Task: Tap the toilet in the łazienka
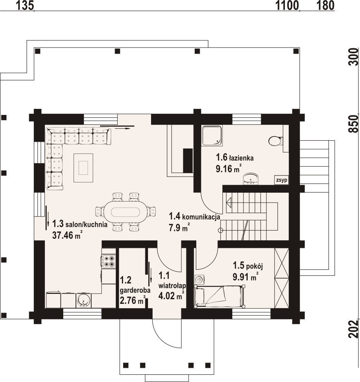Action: (276, 141)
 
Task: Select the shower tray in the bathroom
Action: (212, 136)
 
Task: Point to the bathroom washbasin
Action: (251, 179)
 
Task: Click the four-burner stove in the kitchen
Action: (108, 261)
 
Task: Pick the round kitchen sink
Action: (83, 300)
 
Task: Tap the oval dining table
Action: (125, 211)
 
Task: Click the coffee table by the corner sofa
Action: (83, 168)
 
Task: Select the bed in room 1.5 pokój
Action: (219, 296)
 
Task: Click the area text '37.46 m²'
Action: (67, 235)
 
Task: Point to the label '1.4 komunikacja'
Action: (194, 216)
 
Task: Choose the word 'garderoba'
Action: (135, 290)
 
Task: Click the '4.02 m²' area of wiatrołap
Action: (171, 295)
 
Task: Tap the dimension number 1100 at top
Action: (287, 5)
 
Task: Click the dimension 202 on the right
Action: (353, 330)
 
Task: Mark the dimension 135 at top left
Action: (25, 5)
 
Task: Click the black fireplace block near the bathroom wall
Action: (188, 161)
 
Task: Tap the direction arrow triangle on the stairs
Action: (229, 202)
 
